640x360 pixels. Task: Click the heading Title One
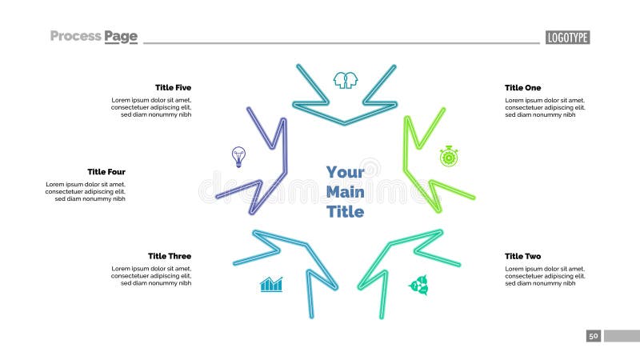[x=522, y=88]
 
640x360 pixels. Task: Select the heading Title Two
[x=522, y=256]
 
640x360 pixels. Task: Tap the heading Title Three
[x=170, y=256]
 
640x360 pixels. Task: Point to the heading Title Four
[x=106, y=172]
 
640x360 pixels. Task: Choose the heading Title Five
[x=173, y=88]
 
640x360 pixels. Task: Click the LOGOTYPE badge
[x=567, y=38]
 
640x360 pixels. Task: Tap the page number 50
[x=594, y=336]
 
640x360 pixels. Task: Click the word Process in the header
[x=75, y=36]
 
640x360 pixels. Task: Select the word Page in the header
[x=121, y=36]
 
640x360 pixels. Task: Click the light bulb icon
[x=238, y=155]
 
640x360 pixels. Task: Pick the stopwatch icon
[x=449, y=156]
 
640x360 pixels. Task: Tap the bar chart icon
[x=271, y=284]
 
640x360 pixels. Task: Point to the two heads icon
[x=345, y=80]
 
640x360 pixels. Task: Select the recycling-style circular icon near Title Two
[x=418, y=285]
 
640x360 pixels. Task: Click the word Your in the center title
[x=345, y=172]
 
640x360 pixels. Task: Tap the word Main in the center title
[x=345, y=192]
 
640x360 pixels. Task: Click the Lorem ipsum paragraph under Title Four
[x=86, y=192]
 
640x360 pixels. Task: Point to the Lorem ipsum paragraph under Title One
[x=545, y=108]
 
